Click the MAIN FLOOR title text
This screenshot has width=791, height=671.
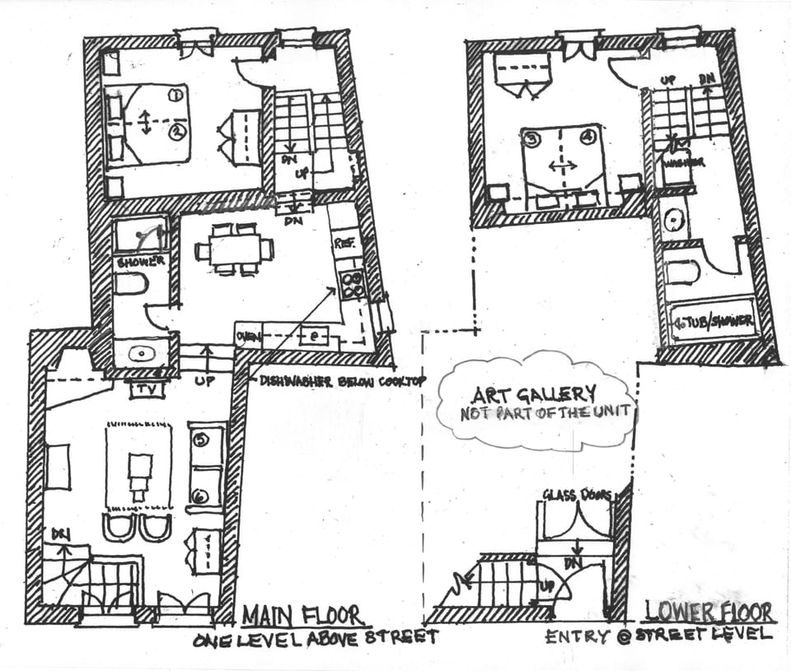tap(302, 615)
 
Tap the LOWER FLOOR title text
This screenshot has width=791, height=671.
tap(709, 613)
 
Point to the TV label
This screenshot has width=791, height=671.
tap(147, 389)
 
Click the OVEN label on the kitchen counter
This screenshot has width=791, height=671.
tap(248, 336)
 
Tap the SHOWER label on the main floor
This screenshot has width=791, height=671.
tap(141, 262)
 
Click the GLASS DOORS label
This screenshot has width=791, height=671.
tap(576, 494)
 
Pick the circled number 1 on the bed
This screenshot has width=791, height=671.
tap(175, 96)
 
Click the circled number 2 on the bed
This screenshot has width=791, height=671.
tap(175, 130)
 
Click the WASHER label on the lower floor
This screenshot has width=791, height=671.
tap(683, 163)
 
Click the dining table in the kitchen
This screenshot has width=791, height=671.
tap(234, 248)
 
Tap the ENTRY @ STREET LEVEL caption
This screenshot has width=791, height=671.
tap(658, 634)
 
